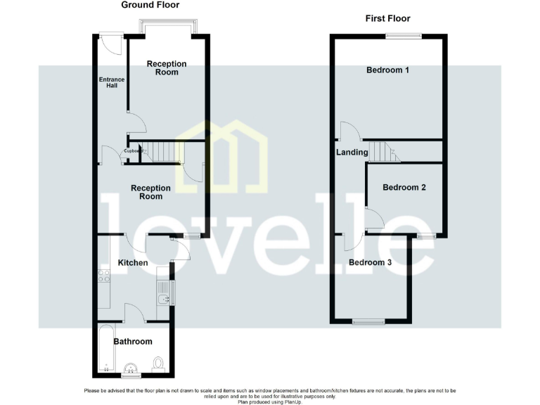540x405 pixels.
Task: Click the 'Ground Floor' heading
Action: pyautogui.click(x=150, y=5)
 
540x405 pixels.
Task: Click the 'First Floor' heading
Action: pyautogui.click(x=387, y=18)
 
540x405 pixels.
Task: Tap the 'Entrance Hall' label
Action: pyautogui.click(x=111, y=83)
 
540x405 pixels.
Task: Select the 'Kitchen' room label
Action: pyautogui.click(x=132, y=262)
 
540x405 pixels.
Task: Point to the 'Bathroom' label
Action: pyautogui.click(x=132, y=342)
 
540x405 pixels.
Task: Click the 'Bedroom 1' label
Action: pyautogui.click(x=387, y=70)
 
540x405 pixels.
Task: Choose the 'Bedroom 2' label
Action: pyautogui.click(x=404, y=188)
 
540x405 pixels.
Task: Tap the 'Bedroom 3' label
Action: pyautogui.click(x=370, y=263)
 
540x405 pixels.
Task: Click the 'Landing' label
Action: pyautogui.click(x=352, y=152)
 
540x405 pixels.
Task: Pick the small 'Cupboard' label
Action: pyautogui.click(x=134, y=150)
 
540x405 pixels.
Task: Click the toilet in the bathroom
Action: pyautogui.click(x=158, y=363)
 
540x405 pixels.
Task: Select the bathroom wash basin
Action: pyautogui.click(x=130, y=368)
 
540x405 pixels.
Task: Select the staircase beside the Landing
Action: pyautogui.click(x=384, y=151)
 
